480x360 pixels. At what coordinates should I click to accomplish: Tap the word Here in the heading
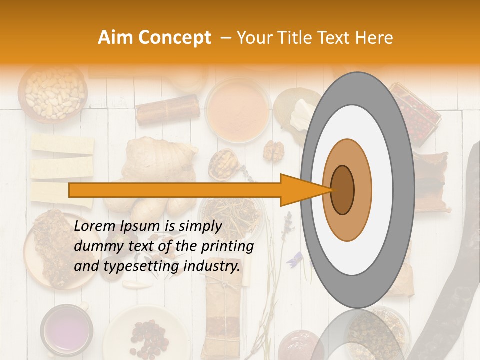(374, 38)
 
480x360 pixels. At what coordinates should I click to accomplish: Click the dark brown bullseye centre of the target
(342, 189)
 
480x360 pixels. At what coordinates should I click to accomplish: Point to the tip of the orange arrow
(332, 190)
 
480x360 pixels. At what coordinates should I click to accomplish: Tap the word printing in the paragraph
(230, 246)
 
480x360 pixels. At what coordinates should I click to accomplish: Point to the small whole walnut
(273, 150)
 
